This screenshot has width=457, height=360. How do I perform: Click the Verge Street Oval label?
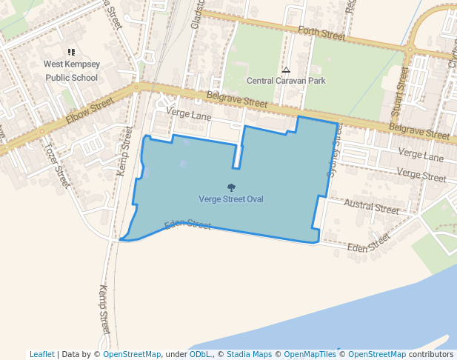coord(231,199)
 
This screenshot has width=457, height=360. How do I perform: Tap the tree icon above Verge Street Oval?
coord(231,188)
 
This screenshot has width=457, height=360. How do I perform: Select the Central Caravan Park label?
coord(286,81)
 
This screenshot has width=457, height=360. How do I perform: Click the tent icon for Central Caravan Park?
coord(286,70)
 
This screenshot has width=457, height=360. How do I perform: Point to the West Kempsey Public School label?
coord(71,71)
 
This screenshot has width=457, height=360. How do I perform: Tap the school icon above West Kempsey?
coord(71,53)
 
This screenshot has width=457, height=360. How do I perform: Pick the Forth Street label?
coord(322,33)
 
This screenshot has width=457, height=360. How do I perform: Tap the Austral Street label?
coord(372,207)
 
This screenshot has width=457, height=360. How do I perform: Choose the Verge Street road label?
coord(421,176)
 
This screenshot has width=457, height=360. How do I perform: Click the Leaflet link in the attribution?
coord(42,354)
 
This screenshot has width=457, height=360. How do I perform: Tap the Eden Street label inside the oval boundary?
coord(188,224)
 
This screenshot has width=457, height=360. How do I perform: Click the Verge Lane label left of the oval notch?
coord(190,116)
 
